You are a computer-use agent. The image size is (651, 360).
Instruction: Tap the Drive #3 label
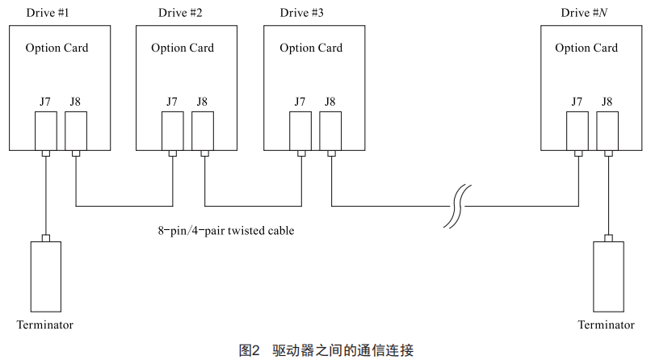coord(302,12)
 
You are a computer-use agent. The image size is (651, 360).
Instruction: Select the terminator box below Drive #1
coord(45,274)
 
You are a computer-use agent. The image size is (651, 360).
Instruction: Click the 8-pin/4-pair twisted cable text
coord(225,231)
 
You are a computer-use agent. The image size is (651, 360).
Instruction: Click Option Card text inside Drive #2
coord(183,48)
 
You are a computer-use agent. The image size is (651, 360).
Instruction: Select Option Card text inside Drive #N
coord(586,48)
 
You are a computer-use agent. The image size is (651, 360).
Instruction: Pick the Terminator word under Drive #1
coord(45,324)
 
